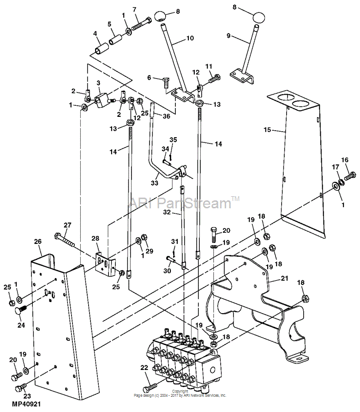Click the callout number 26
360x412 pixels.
(x=38, y=242)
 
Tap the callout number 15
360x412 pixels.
(x=267, y=130)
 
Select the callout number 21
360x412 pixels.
(x=285, y=278)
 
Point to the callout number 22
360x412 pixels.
(x=144, y=368)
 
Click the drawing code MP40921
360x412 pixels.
(x=26, y=404)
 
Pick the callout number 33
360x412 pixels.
(x=155, y=182)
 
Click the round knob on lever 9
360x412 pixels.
(x=258, y=18)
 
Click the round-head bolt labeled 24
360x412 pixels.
(x=21, y=310)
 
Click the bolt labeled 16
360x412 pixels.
(x=350, y=176)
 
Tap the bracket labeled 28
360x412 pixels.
(x=106, y=264)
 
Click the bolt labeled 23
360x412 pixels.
(x=21, y=388)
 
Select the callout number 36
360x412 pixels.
(x=167, y=116)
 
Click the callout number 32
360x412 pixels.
(x=167, y=212)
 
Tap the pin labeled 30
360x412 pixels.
(x=171, y=260)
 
